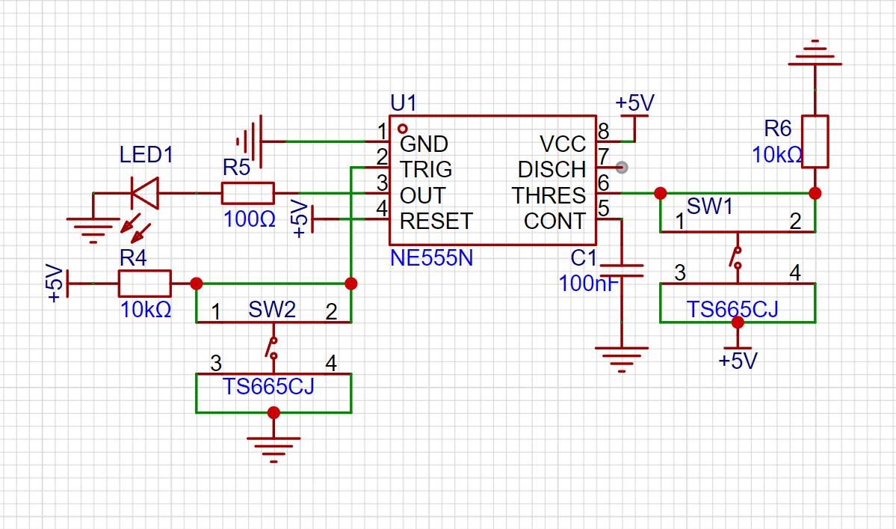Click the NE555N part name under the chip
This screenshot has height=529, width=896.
(431, 258)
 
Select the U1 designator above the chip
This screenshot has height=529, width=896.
(404, 103)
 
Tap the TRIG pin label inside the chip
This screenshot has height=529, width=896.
(426, 170)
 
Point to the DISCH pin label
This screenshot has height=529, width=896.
(551, 170)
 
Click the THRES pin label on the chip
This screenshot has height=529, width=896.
(549, 195)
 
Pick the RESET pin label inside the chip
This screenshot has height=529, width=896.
(436, 221)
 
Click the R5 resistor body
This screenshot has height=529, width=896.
(247, 193)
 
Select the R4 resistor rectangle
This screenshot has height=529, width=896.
(144, 283)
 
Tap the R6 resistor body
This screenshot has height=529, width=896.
(815, 142)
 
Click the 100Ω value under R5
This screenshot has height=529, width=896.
(249, 220)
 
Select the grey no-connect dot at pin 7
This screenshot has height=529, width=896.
(622, 168)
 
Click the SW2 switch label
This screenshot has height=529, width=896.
(272, 310)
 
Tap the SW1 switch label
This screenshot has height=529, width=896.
(710, 207)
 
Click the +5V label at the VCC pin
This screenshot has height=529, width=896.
(634, 103)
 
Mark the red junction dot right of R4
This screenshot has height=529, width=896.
(196, 284)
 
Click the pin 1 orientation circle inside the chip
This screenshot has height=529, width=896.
(403, 129)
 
